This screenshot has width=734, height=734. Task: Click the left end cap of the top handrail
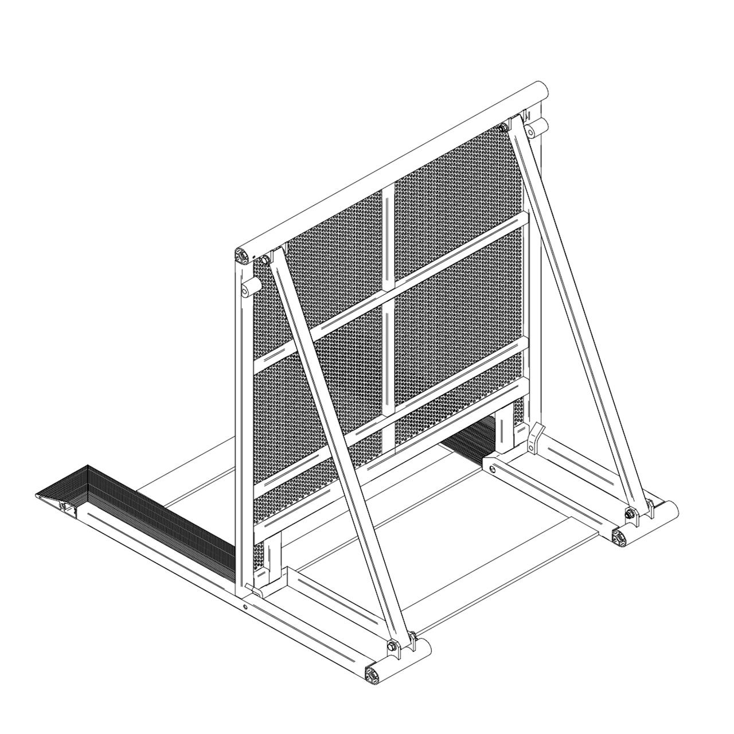(x=243, y=255)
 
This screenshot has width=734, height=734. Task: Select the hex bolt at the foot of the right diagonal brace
(x=630, y=513)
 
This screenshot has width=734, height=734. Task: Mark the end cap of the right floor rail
(x=621, y=538)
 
